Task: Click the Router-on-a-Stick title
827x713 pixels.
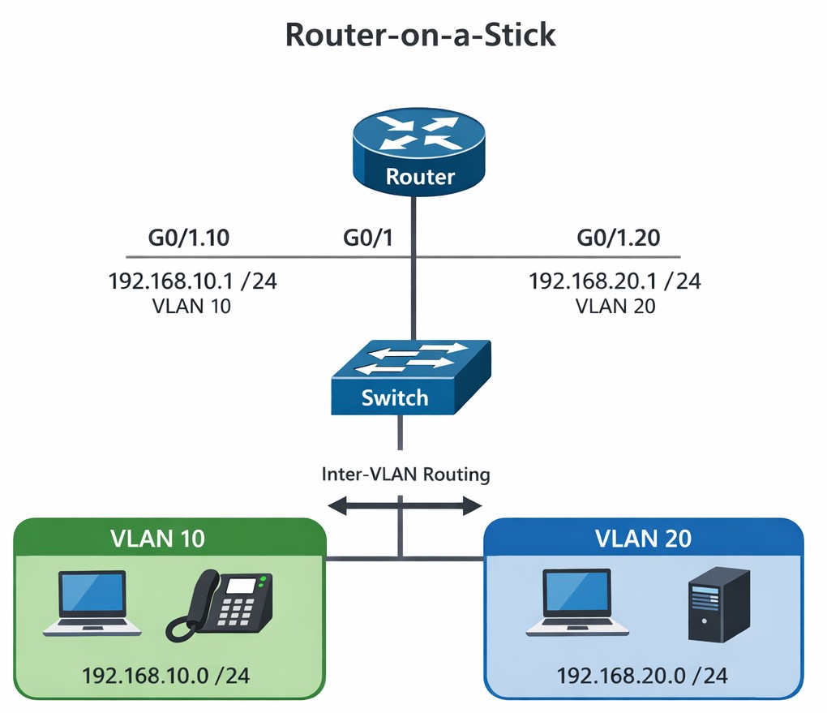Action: (420, 36)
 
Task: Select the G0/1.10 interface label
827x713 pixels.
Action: (188, 238)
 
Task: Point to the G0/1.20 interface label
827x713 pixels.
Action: (618, 238)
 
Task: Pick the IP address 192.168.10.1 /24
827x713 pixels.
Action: (192, 281)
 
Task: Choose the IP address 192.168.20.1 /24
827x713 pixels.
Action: (615, 281)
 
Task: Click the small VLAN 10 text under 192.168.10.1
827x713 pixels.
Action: (192, 307)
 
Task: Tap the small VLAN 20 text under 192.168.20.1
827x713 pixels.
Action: (615, 307)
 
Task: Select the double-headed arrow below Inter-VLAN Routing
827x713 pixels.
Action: (405, 507)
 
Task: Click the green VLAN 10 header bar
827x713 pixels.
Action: (169, 537)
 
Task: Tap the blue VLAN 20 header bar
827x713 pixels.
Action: (643, 537)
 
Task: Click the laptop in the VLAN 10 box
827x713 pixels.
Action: (92, 602)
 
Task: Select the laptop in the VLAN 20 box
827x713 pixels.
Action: (576, 602)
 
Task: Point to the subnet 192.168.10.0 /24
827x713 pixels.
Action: (169, 675)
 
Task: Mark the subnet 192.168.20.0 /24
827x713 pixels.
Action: (642, 675)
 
